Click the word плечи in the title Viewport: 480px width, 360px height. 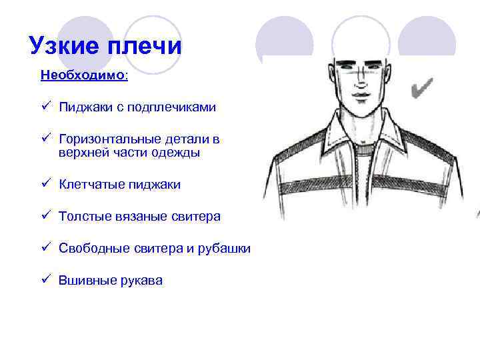tap(143, 45)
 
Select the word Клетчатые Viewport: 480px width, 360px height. tap(89, 184)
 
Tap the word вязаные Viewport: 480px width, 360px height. tap(136, 217)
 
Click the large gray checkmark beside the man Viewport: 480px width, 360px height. tap(422, 87)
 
